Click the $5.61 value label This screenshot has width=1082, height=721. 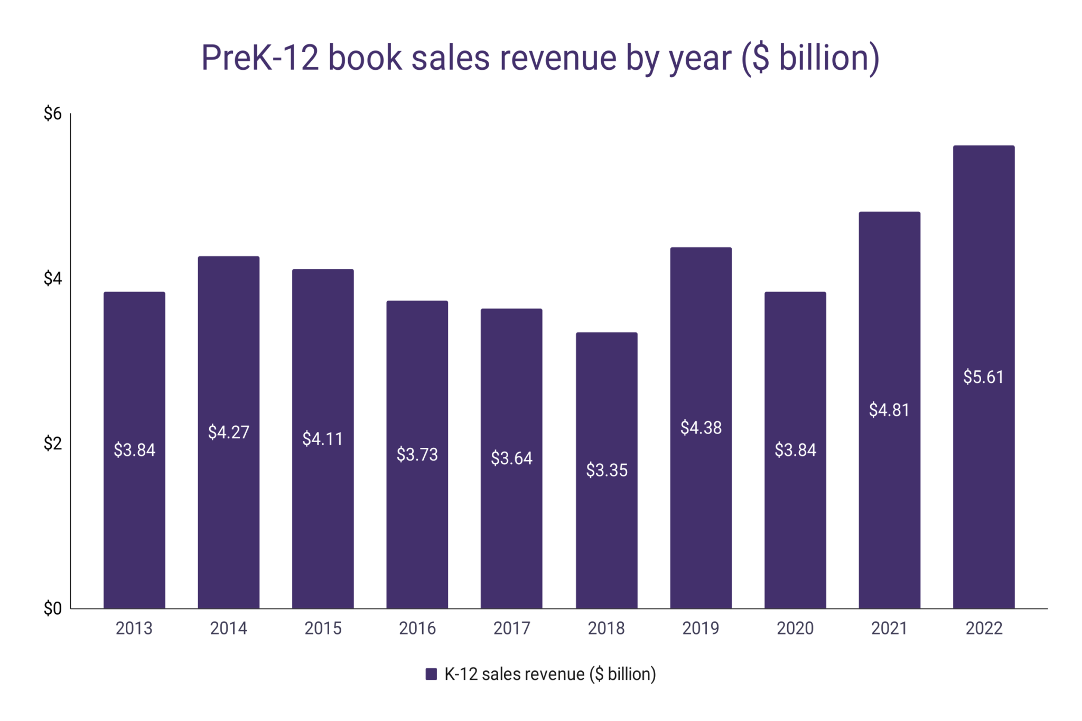tap(983, 377)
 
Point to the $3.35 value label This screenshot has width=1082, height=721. tap(607, 470)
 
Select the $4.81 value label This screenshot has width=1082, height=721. tap(889, 410)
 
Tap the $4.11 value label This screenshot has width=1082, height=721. tap(322, 439)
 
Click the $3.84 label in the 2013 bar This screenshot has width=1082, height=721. tap(134, 450)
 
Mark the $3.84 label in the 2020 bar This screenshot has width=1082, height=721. tap(795, 450)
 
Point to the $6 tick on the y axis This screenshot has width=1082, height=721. tap(52, 114)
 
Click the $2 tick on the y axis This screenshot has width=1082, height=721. tap(52, 444)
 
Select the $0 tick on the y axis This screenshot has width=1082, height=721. tap(52, 608)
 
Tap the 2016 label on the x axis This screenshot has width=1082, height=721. tap(417, 628)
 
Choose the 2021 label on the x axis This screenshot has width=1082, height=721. tap(889, 628)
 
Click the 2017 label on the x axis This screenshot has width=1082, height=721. tap(511, 628)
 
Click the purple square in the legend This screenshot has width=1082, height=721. tap(431, 674)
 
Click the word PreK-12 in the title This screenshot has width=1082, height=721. tap(260, 58)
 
